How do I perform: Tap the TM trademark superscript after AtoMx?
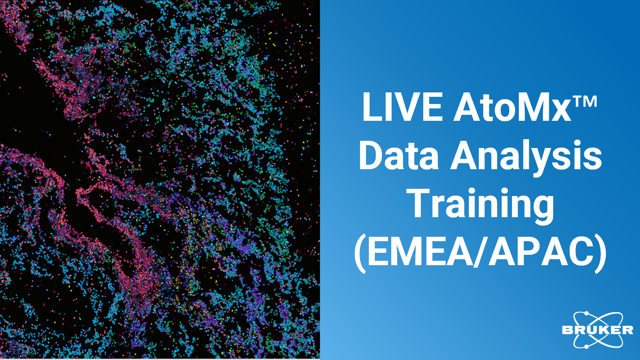tap(586, 102)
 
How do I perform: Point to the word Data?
tap(398, 156)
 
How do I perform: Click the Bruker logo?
tap(598, 330)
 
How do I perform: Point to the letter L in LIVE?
tap(372, 107)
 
